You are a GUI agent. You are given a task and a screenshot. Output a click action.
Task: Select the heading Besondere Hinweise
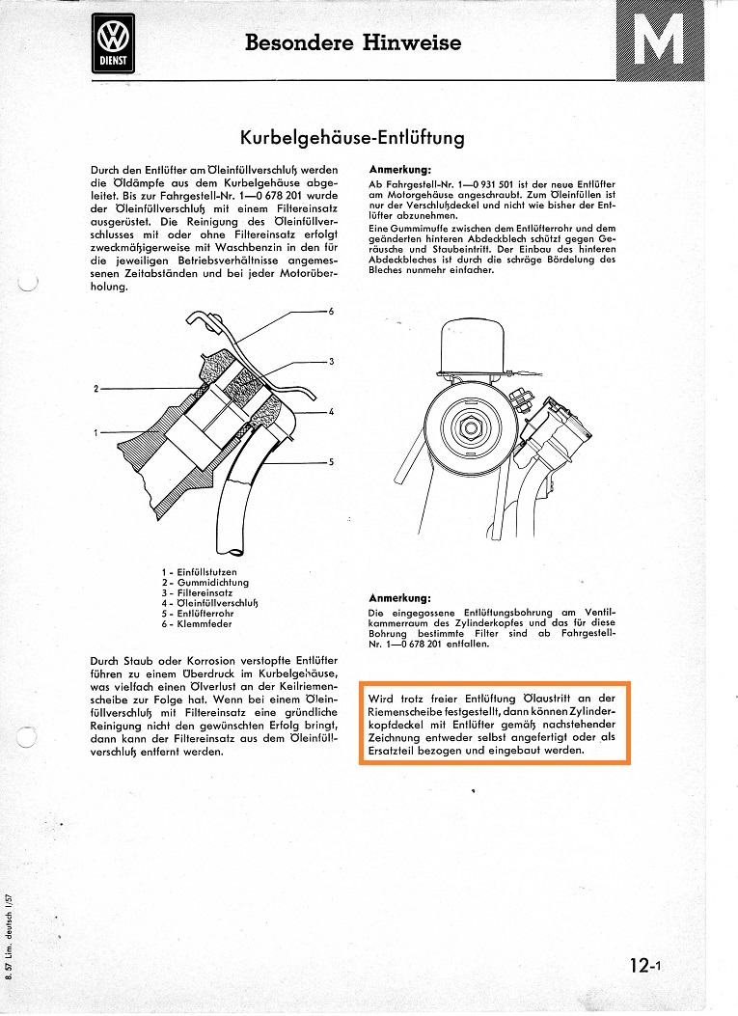coord(353,42)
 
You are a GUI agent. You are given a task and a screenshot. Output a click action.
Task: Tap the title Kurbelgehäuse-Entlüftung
coord(352,137)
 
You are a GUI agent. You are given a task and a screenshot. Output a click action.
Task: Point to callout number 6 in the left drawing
coord(331,312)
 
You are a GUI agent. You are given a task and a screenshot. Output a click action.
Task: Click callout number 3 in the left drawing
coord(331,361)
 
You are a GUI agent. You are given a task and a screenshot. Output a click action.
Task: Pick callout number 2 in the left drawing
coord(96,389)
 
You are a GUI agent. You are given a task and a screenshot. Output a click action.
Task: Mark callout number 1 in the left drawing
coord(96,432)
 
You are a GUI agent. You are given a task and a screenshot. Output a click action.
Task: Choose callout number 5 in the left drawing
coord(331,462)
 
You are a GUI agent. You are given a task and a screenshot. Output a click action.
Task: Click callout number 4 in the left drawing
coord(331,412)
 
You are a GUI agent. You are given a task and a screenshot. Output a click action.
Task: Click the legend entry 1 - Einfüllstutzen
coord(200,572)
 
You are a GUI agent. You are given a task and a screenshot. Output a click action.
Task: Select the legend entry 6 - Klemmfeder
coord(197,622)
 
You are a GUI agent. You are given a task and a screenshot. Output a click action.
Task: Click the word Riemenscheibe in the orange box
coord(412,711)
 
